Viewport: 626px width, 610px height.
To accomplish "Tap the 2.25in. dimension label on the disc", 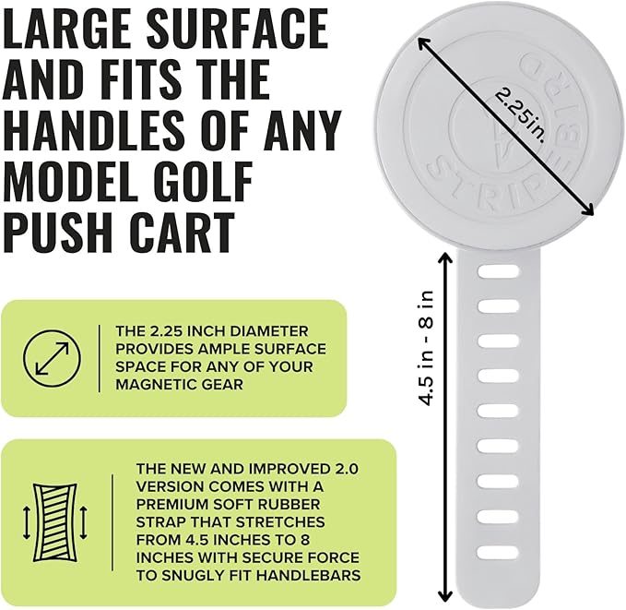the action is tap(520, 115).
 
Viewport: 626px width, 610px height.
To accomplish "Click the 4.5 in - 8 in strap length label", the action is tap(427, 347).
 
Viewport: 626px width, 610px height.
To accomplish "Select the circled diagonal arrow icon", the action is tap(52, 358).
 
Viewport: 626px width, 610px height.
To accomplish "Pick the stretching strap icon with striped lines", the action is tap(54, 522).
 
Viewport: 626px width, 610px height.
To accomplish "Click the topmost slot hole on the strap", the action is tap(498, 271).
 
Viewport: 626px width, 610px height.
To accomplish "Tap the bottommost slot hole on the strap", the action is tap(498, 552).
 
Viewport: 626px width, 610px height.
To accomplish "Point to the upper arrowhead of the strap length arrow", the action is tap(445, 256).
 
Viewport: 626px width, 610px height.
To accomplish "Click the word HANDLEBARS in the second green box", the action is tap(308, 575).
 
